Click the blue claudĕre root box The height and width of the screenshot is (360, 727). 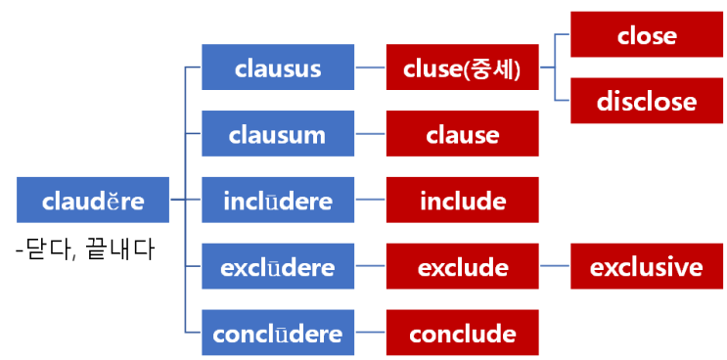(x=93, y=201)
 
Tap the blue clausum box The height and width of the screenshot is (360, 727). (x=277, y=134)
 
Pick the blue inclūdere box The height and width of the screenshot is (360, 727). (x=277, y=201)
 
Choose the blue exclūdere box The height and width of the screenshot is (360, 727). (x=277, y=267)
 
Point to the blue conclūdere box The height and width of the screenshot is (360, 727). (x=277, y=334)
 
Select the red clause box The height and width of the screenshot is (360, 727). (x=462, y=134)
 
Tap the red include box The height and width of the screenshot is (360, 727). (x=462, y=201)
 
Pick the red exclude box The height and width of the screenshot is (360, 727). (x=462, y=267)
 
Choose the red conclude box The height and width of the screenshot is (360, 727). (x=462, y=334)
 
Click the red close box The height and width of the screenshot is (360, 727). (x=647, y=35)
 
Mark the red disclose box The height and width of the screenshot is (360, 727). (x=647, y=101)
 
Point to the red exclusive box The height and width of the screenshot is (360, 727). (x=647, y=267)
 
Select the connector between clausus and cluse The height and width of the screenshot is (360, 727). (x=369, y=67)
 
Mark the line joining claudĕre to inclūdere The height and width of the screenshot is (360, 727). (x=186, y=201)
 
